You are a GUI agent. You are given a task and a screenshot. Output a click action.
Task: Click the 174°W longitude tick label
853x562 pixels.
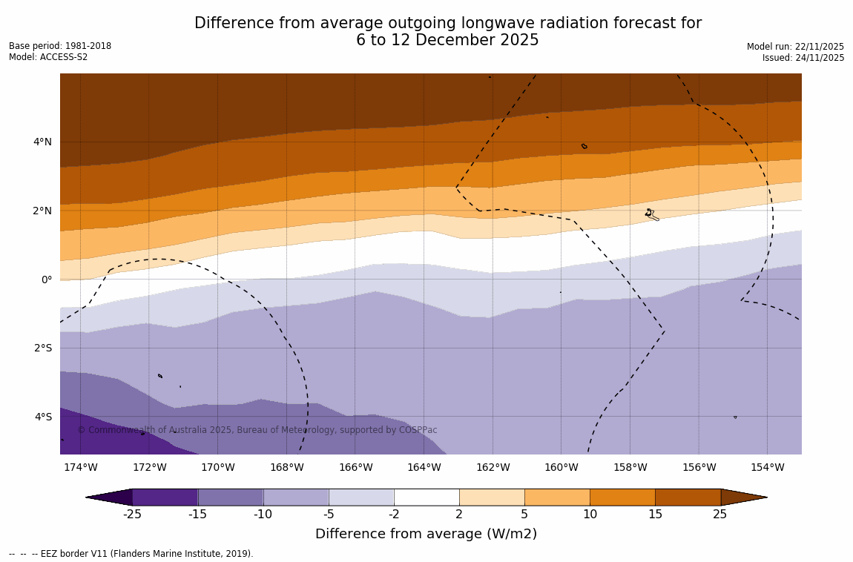click(x=80, y=468)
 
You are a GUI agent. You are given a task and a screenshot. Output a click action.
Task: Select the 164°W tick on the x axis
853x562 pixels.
click(x=424, y=468)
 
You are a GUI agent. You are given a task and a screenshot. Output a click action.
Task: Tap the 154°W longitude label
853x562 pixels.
click(x=767, y=468)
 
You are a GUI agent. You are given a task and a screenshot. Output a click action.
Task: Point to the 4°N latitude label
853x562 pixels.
click(x=42, y=142)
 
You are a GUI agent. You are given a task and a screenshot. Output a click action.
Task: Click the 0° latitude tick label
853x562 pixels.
click(x=47, y=280)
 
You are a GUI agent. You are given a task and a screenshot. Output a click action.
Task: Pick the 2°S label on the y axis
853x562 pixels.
click(x=42, y=348)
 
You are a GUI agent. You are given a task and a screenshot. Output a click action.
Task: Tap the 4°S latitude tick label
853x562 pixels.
click(x=42, y=417)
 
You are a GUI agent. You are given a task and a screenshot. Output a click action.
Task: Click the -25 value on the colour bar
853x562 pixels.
click(x=132, y=515)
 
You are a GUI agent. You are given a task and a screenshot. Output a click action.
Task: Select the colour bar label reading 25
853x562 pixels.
click(x=720, y=515)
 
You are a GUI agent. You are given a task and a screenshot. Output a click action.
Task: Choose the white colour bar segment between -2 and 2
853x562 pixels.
click(x=426, y=497)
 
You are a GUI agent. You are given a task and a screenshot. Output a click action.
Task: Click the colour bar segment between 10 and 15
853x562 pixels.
click(x=622, y=497)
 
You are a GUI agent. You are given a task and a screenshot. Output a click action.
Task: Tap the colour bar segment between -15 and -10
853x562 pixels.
click(x=231, y=497)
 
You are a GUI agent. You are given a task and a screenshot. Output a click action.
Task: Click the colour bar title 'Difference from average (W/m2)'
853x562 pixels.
click(x=426, y=534)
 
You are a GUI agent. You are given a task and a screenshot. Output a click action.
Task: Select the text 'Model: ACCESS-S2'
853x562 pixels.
click(x=48, y=57)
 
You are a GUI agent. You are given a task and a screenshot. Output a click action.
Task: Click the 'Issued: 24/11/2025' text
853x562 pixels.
click(x=803, y=58)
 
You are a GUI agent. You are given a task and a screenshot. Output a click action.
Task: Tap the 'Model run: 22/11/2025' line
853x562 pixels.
click(x=795, y=47)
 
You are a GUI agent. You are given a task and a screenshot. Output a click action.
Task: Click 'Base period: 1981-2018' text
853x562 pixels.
click(x=60, y=46)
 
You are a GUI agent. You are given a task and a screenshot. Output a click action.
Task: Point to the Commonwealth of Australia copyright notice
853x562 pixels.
click(x=257, y=430)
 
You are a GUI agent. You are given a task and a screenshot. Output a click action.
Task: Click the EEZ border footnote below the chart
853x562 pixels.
click(x=131, y=554)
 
